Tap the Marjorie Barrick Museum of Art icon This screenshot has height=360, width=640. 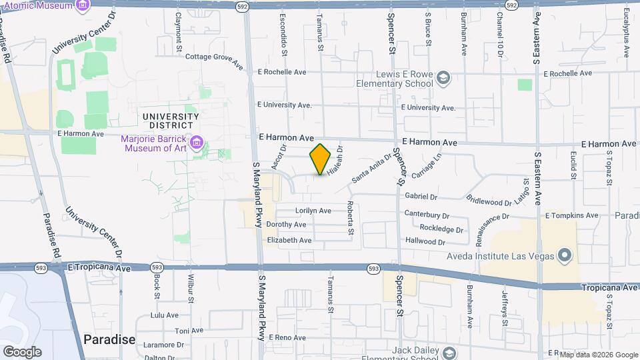point(197,143)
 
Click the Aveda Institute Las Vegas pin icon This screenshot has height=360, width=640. point(565,255)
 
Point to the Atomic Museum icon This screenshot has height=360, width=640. point(83,6)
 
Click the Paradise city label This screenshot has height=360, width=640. point(109,339)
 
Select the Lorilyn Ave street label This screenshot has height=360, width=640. point(313,211)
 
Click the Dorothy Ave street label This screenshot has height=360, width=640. point(286,225)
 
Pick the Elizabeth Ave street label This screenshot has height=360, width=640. point(289,240)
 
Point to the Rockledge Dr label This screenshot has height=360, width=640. point(441,229)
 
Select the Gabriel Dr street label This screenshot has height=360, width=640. point(421,197)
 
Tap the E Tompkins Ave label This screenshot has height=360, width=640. point(571,215)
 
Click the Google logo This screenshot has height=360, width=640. point(22,351)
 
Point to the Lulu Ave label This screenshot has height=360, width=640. point(165,315)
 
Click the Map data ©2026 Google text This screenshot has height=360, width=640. point(598,355)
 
